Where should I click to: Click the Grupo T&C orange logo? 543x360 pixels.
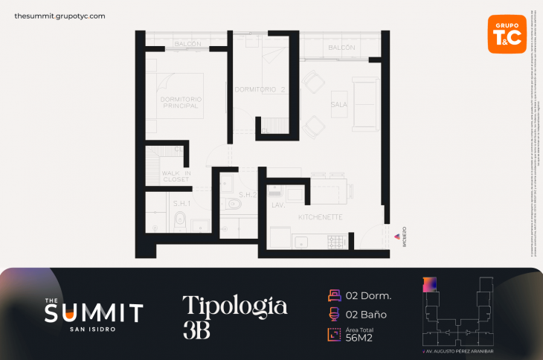tap(507, 33)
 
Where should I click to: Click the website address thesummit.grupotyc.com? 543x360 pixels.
tap(60, 16)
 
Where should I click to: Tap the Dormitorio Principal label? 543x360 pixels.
tap(181, 103)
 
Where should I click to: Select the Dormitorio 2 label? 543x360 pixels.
tap(260, 90)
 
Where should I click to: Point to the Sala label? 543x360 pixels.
tap(339, 105)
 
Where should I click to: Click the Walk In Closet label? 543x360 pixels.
tap(176, 176)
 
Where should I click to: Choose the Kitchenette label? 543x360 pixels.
tap(320, 217)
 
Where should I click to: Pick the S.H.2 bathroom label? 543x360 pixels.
tap(248, 195)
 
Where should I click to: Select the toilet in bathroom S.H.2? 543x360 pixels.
tap(233, 203)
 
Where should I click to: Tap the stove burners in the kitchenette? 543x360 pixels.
tap(336, 241)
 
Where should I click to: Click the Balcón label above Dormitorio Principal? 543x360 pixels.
tap(187, 45)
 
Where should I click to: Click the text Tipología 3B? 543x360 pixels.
tap(234, 317)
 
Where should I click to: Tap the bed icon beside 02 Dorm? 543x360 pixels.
tap(334, 295)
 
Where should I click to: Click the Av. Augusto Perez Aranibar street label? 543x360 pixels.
tap(457, 350)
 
